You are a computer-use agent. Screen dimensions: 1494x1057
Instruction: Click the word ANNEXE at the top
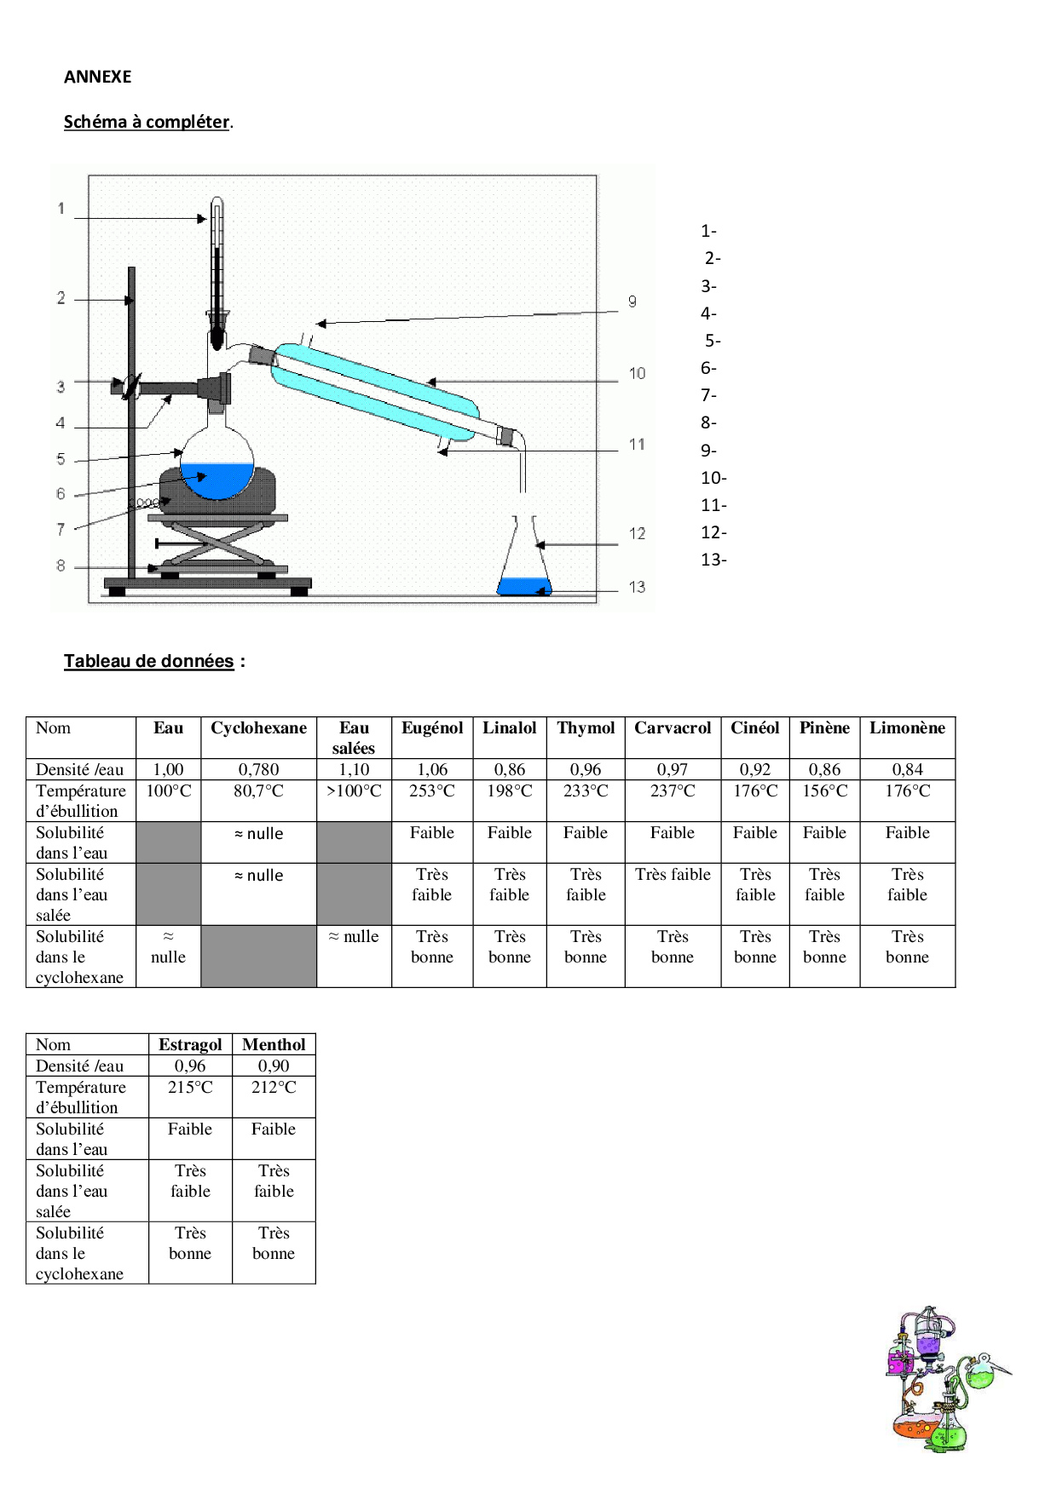point(97,77)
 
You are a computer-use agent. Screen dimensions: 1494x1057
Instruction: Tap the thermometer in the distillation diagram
point(217,273)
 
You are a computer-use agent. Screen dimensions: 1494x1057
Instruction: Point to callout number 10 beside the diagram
point(637,373)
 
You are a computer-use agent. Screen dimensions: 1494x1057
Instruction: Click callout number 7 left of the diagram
point(61,529)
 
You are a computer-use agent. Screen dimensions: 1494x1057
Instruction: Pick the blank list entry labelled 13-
point(713,560)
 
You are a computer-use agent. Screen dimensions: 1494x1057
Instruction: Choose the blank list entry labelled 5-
point(713,341)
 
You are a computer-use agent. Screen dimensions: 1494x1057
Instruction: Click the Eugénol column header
point(432,728)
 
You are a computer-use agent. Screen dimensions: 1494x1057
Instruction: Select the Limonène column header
point(907,728)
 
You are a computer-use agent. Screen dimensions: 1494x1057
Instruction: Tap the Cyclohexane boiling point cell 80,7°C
point(258,790)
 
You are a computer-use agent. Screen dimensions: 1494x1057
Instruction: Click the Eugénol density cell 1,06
point(432,769)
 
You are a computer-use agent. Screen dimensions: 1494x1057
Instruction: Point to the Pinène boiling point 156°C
point(824,790)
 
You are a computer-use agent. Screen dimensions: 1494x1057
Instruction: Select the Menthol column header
point(274,1044)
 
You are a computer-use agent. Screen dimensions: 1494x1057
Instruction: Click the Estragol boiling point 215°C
point(190,1087)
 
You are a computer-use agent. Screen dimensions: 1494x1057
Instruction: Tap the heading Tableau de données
point(148,661)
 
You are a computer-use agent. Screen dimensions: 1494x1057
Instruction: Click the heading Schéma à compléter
point(147,122)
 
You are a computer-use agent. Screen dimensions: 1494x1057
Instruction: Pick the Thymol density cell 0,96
point(586,769)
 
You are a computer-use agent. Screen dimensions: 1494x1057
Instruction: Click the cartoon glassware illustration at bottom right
point(946,1380)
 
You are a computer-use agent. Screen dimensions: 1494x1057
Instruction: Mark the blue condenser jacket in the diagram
point(375,392)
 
